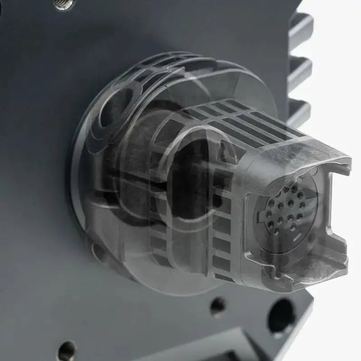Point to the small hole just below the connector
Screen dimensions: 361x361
(217, 305)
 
